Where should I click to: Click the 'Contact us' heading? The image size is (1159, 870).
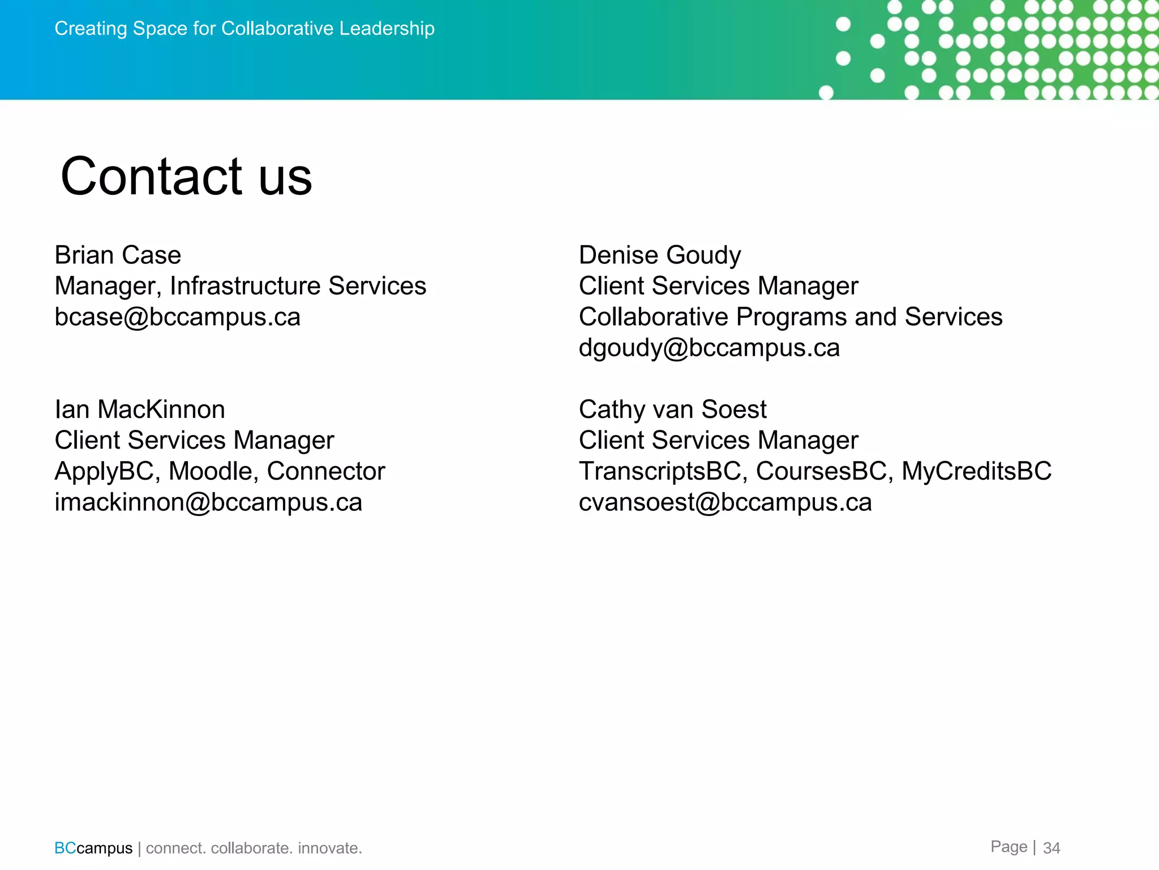pos(186,177)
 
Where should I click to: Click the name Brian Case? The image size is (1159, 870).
pos(118,255)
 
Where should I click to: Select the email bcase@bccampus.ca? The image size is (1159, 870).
pos(177,317)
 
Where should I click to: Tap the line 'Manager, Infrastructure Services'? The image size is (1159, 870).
pos(240,286)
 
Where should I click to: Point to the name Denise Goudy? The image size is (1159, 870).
pos(659,255)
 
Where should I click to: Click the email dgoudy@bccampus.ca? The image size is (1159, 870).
pos(709,348)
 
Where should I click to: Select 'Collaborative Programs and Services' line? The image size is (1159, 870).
pos(790,317)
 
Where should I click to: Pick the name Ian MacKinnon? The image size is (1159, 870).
pos(140,410)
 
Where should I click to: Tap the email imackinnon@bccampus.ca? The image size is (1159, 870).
pos(208,502)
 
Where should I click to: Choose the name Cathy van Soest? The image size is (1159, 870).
pos(672,410)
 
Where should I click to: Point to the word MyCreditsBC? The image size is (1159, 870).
pos(976,471)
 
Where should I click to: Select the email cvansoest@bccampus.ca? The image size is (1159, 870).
pos(725,502)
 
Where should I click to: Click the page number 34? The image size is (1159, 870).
pos(1051,848)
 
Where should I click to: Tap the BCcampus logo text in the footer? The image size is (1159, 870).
pos(93,848)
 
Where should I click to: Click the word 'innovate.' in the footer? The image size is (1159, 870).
pos(329,848)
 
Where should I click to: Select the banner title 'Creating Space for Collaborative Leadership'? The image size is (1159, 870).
pos(244,28)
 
